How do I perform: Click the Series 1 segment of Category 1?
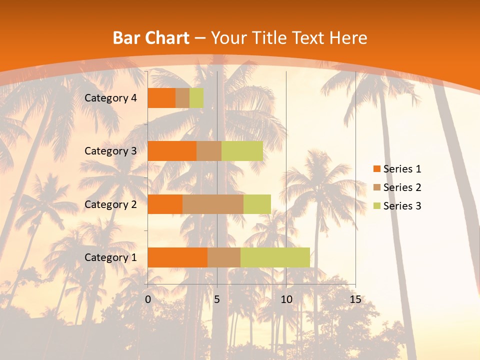[177, 257]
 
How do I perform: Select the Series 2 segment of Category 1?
[224, 257]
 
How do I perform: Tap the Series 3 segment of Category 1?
[275, 257]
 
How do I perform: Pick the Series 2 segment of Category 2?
[213, 204]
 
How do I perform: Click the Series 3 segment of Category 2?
[257, 204]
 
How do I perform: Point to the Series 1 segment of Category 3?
[172, 151]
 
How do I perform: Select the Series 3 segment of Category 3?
[242, 151]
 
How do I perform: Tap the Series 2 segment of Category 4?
[182, 98]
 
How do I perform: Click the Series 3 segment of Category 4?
[196, 98]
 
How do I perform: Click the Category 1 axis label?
[110, 257]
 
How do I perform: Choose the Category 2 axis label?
[110, 204]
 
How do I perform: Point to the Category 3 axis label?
[110, 151]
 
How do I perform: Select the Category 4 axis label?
[110, 98]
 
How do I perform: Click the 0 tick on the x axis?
[148, 299]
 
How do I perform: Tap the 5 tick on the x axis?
[217, 299]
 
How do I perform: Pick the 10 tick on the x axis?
[286, 299]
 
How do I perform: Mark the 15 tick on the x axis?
[355, 299]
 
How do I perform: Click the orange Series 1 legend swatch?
[376, 169]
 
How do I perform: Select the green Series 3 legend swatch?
[376, 206]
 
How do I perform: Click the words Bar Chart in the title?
[151, 38]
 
